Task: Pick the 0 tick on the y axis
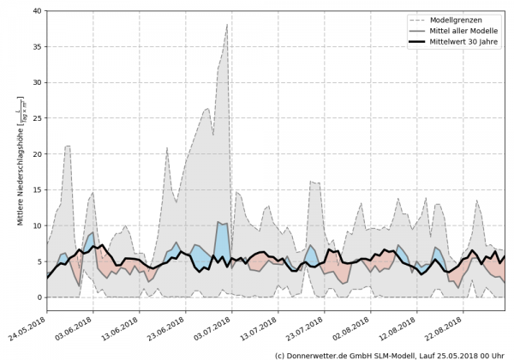39,297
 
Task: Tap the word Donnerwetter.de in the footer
317,354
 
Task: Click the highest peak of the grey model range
227,25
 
